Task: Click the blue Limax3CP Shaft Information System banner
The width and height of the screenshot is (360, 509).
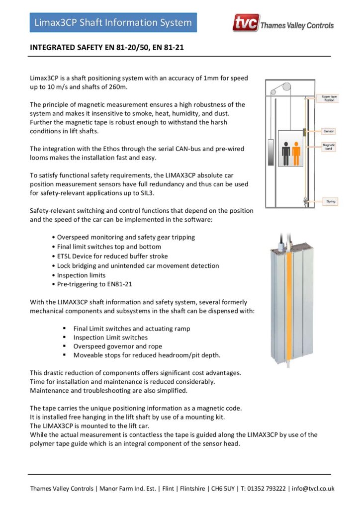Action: [x=113, y=23]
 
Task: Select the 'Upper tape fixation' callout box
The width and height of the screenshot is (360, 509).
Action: [x=329, y=98]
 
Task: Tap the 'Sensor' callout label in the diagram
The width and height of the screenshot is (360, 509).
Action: [x=329, y=131]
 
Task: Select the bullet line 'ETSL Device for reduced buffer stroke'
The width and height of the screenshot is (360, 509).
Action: [x=112, y=256]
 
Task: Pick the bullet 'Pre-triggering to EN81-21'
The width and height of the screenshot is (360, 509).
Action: [x=94, y=284]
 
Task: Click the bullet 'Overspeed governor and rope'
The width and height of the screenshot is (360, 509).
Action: [x=117, y=346]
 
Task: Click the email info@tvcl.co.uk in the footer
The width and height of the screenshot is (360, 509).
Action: [x=313, y=488]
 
